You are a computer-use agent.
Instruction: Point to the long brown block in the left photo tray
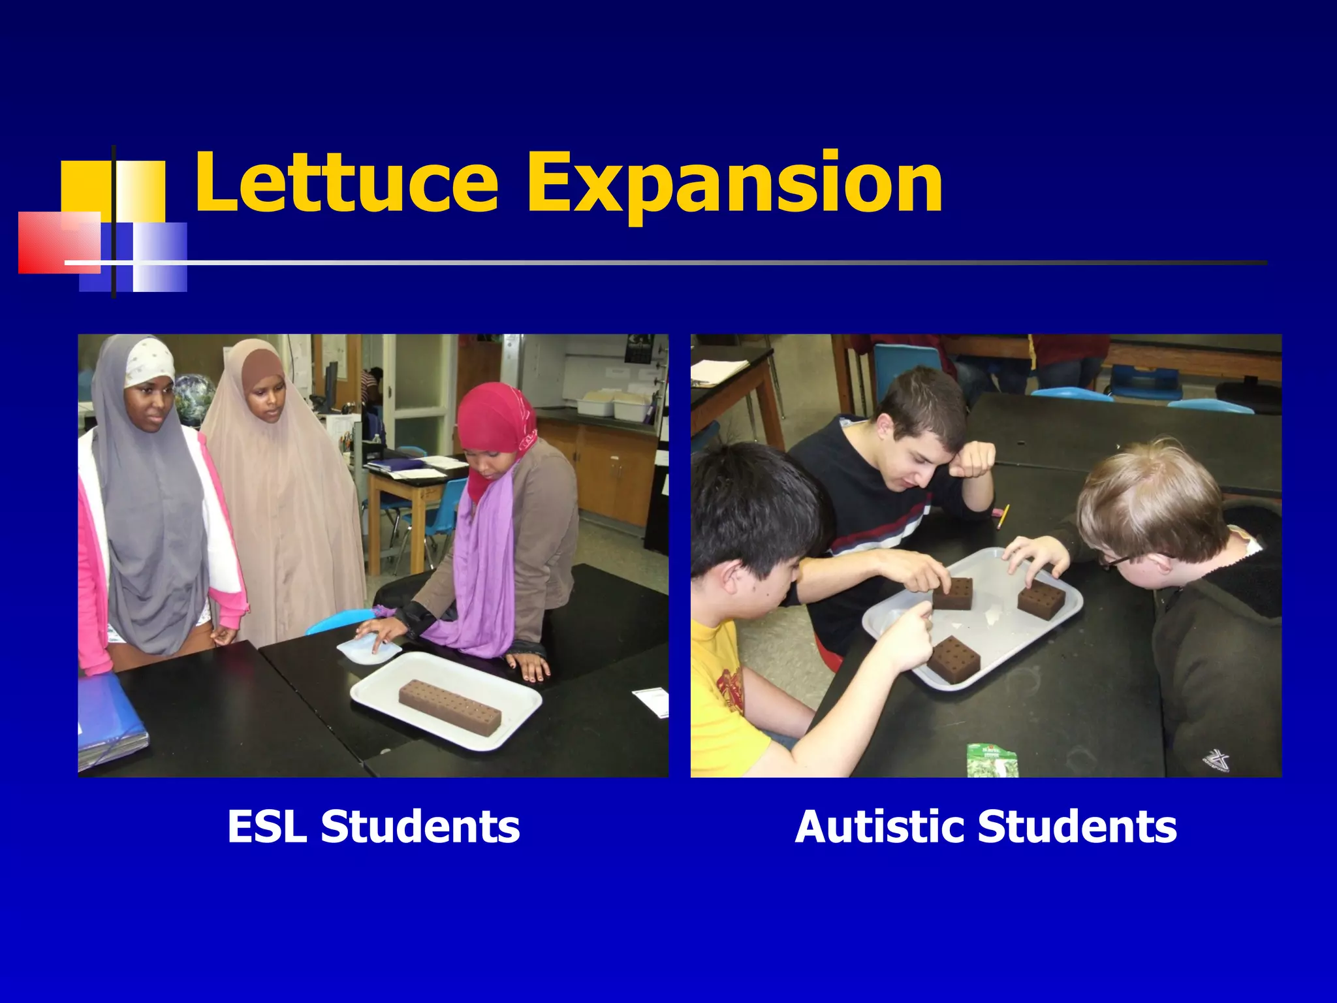[450, 707]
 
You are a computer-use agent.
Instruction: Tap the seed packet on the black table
[992, 759]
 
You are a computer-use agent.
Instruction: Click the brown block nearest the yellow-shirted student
[954, 660]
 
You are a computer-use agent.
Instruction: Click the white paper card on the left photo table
[652, 701]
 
